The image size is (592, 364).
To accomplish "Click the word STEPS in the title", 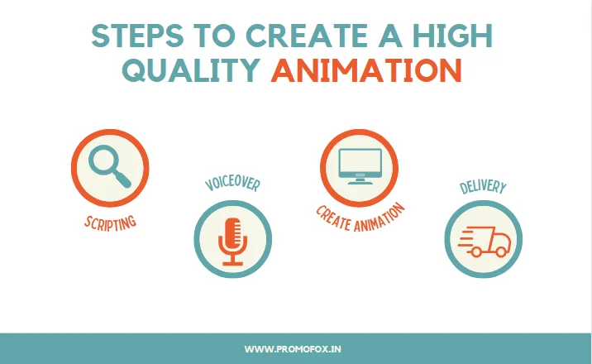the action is pos(138,36).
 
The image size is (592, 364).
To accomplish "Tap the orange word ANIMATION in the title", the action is pos(366,70).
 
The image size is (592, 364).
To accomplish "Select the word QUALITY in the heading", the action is pos(192,70).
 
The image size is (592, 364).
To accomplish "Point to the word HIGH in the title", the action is pos(452,36).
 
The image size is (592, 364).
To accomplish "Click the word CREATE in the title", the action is pos(307,36).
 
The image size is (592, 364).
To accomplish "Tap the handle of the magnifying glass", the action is pos(122,178).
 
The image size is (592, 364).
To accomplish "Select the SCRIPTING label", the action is pos(110,223).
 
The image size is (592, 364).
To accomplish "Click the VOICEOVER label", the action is pos(232,183).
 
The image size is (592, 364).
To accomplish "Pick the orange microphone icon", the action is pos(232,242).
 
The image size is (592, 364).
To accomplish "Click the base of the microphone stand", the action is pos(232,263).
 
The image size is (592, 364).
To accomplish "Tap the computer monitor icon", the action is pos(360,166).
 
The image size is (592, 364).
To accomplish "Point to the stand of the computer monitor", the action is pos(360,181).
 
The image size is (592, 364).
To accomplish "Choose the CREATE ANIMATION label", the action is pos(360,218).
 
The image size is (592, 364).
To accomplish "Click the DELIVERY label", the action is pos(483,186).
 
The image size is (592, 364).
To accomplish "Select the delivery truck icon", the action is pos(485,242).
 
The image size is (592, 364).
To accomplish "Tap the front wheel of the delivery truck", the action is pos(501,251).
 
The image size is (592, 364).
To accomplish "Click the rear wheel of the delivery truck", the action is pos(476,251).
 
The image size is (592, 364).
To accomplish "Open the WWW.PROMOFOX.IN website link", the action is pos(293,349).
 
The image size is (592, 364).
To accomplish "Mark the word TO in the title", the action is pos(214,36).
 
